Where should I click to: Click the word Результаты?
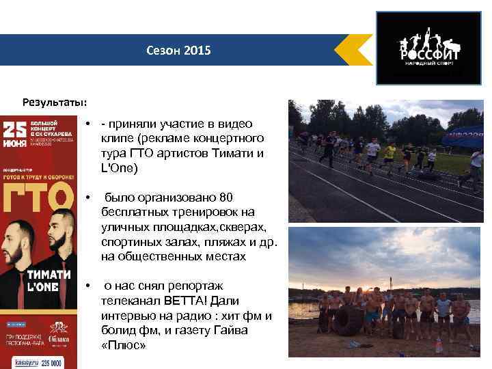click(x=54, y=102)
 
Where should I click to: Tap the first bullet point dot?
click(x=90, y=124)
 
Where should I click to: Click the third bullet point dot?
click(x=90, y=286)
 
